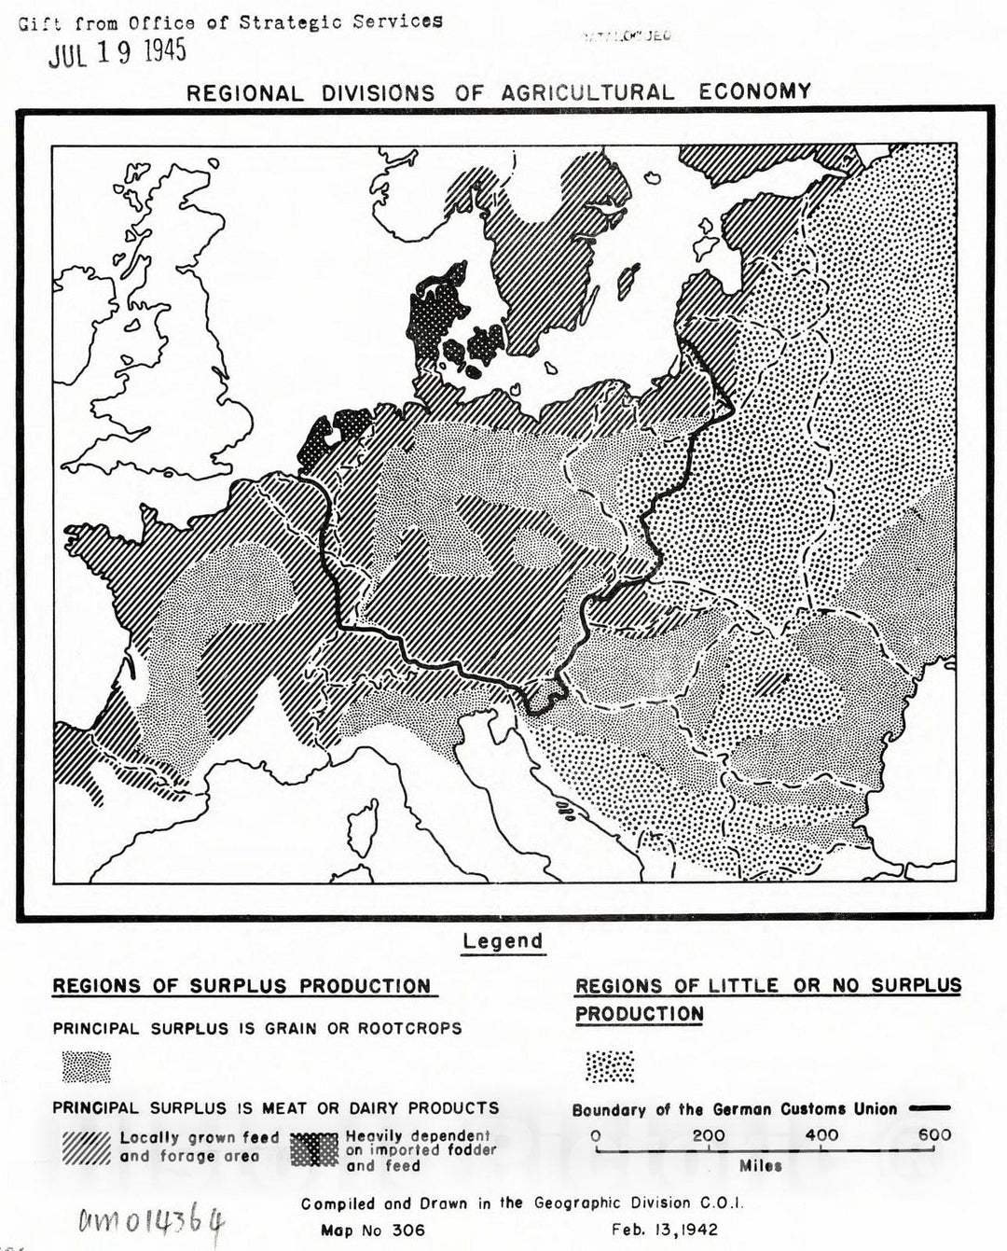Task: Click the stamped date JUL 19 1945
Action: tap(117, 52)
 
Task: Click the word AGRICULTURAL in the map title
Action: tap(587, 92)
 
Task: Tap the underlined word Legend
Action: tap(503, 941)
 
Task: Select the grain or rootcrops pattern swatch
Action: tap(86, 1065)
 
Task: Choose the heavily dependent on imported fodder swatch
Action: tap(314, 1149)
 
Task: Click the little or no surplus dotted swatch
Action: tap(609, 1065)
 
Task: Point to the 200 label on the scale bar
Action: tap(709, 1135)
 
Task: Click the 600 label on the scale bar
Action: tap(934, 1135)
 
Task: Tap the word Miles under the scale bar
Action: tap(761, 1165)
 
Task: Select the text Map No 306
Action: tap(372, 1230)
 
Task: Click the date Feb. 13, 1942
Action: tap(665, 1230)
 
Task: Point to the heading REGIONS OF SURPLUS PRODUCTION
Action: tap(241, 987)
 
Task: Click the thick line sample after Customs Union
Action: tap(930, 1109)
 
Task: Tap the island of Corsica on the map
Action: tap(361, 824)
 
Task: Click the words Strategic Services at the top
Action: tap(341, 21)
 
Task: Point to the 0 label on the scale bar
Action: tap(596, 1135)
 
